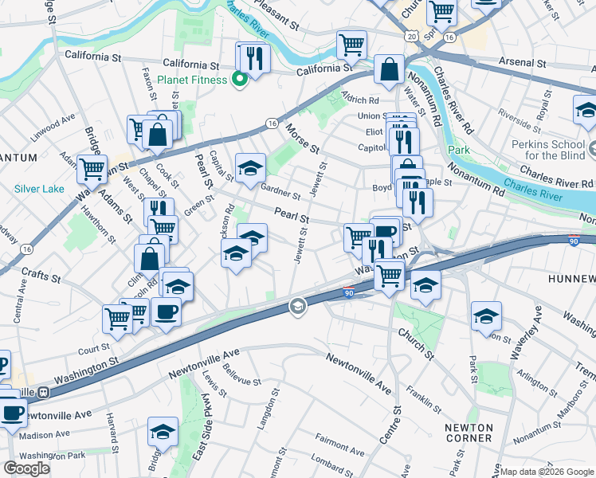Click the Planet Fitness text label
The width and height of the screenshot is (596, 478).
click(x=192, y=80)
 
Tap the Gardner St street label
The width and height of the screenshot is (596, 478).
click(x=280, y=190)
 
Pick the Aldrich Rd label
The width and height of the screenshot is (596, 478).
click(x=360, y=100)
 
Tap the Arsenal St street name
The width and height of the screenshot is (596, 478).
click(x=524, y=62)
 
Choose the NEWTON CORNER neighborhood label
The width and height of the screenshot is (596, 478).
click(x=469, y=433)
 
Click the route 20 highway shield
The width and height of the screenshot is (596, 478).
click(x=410, y=36)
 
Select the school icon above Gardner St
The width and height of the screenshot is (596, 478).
click(x=250, y=167)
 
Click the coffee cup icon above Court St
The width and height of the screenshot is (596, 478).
click(x=167, y=311)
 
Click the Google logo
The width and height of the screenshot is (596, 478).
click(x=25, y=468)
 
